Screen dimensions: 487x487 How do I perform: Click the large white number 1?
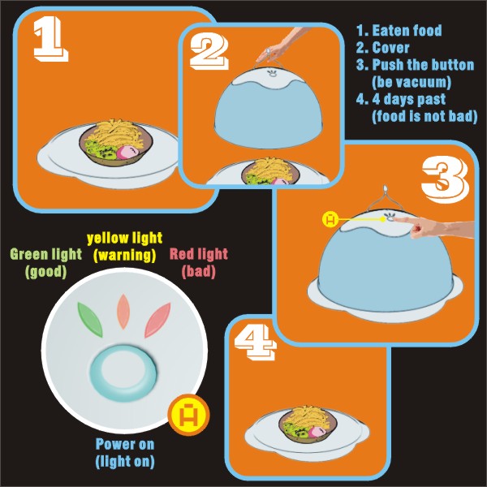[x=50, y=38]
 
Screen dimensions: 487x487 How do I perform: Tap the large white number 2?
[x=209, y=52]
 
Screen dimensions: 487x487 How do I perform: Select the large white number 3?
[x=445, y=179]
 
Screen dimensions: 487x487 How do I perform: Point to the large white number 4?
[x=255, y=342]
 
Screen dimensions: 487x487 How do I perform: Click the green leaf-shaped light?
[x=89, y=320]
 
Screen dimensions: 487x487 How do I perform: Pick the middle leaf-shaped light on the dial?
[x=123, y=312]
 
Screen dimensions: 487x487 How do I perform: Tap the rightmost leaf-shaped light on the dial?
[x=157, y=320]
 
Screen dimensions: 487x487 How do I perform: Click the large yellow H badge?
[x=189, y=415]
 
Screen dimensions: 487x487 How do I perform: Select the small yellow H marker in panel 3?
[x=330, y=219]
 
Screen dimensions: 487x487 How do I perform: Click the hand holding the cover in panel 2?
[x=279, y=46]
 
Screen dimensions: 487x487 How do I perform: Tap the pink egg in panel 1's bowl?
[x=127, y=153]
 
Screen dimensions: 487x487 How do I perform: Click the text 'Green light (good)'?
[x=46, y=263]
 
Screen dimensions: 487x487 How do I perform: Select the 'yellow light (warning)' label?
[x=124, y=247]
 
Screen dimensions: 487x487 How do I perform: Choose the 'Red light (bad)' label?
[x=199, y=263]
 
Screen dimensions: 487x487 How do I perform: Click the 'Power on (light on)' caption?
[x=125, y=453]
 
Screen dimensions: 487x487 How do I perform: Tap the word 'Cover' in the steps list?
[x=390, y=48]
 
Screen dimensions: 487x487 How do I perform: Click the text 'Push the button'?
[x=423, y=65]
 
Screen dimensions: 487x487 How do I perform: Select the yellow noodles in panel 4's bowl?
[x=310, y=417]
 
